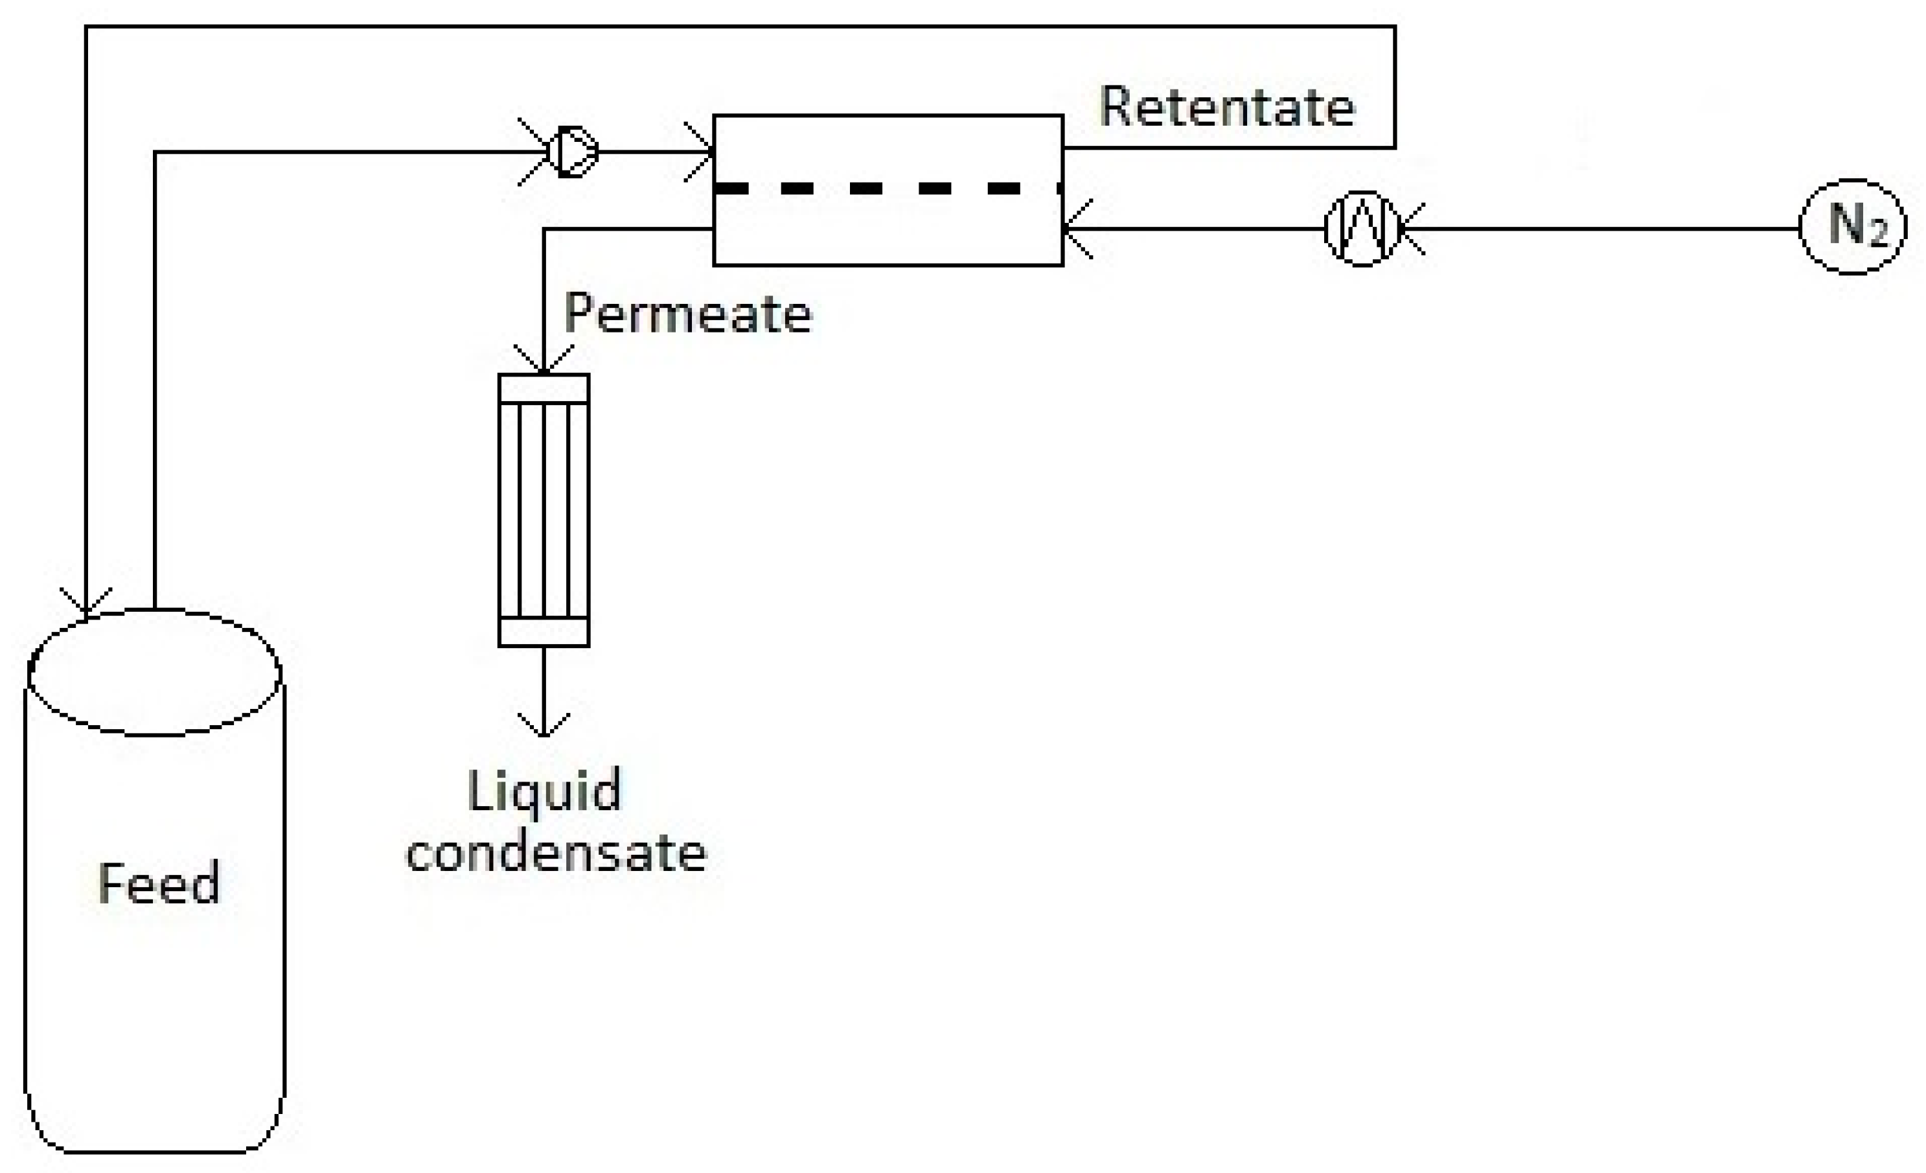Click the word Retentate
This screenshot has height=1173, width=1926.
(1226, 107)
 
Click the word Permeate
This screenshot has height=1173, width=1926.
(688, 314)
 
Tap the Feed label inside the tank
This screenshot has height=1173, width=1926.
(159, 884)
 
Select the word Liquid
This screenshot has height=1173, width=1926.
(545, 791)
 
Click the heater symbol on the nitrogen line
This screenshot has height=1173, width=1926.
(1362, 228)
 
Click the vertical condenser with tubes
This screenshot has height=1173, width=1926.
(544, 510)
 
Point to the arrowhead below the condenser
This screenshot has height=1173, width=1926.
(544, 726)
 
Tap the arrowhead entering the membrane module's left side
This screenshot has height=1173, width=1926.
(700, 152)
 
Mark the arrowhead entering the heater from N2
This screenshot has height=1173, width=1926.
(1411, 228)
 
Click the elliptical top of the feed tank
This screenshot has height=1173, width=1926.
(155, 673)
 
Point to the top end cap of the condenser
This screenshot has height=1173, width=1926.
(544, 389)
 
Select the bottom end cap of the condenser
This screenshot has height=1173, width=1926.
(544, 632)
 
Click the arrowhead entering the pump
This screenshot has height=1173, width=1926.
(536, 152)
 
